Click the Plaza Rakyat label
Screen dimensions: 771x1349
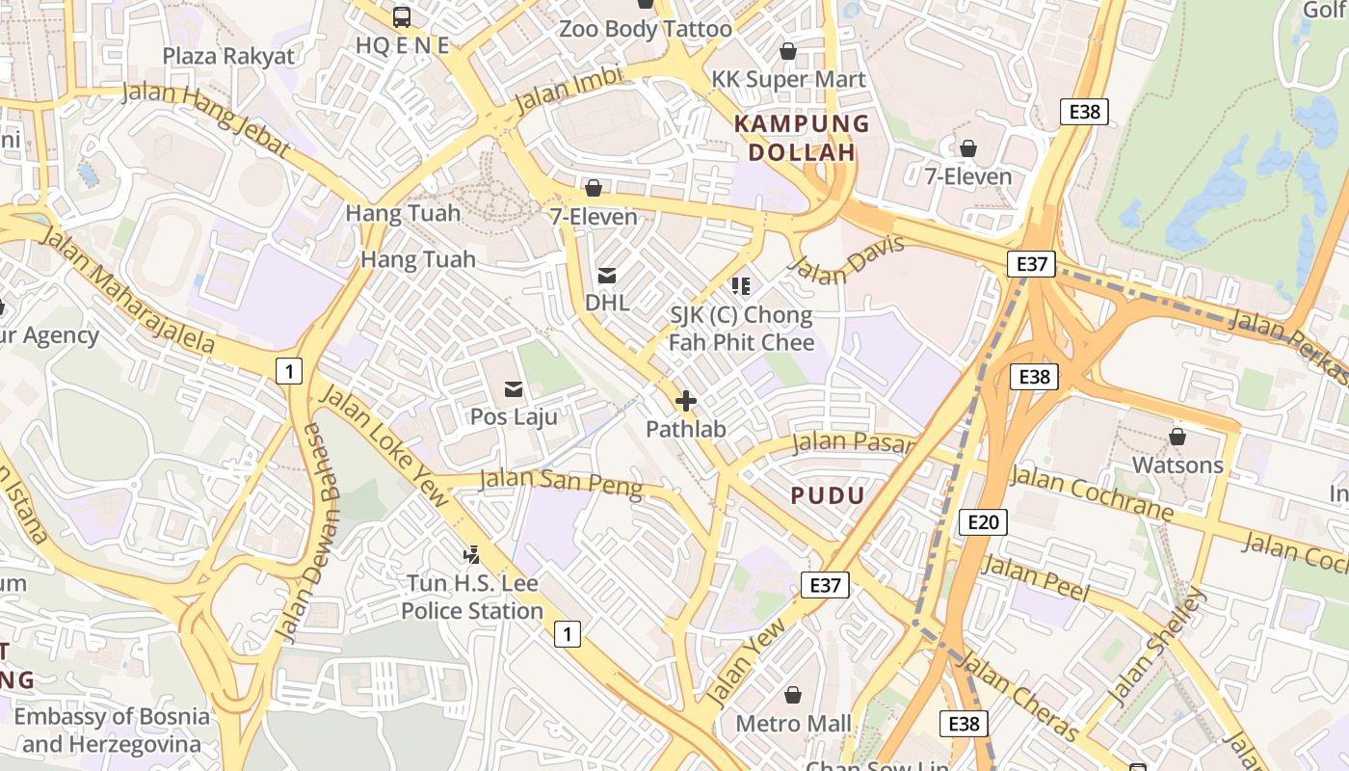(228, 56)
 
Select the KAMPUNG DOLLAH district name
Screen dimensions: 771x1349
(802, 138)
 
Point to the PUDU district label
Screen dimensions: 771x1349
(828, 495)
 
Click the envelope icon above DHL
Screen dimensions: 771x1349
(607, 276)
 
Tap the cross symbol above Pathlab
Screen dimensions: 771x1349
(686, 401)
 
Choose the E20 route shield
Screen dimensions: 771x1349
(983, 522)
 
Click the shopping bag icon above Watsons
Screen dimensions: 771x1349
(1177, 438)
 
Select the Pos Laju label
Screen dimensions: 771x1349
(514, 417)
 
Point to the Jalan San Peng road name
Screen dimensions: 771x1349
(560, 481)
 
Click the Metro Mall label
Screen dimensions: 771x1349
(793, 723)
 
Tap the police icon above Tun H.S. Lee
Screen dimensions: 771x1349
(471, 555)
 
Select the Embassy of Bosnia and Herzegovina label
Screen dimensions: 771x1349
(112, 731)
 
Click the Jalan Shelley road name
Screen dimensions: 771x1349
(1156, 646)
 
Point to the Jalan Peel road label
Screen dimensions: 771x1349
(1035, 578)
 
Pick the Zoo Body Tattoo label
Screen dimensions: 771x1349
(646, 29)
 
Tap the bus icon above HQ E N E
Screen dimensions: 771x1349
(402, 16)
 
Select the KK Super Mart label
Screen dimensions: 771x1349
(788, 79)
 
